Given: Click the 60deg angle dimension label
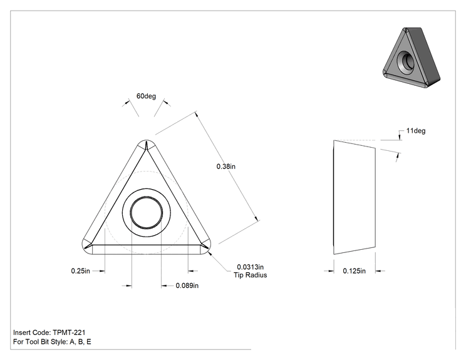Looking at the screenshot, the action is click(x=146, y=96).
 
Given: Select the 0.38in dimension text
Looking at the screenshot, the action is click(x=226, y=167).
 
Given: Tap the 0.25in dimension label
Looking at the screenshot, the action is click(x=80, y=271).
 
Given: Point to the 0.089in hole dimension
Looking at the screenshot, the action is click(x=187, y=285).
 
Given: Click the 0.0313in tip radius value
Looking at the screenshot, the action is click(x=251, y=267).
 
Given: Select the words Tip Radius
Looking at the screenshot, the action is click(x=251, y=275).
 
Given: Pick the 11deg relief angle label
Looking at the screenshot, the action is click(x=416, y=131).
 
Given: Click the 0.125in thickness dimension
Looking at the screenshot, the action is click(x=355, y=271).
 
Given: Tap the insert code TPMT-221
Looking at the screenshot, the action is click(x=69, y=332).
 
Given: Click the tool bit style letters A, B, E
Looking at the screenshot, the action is click(x=80, y=342).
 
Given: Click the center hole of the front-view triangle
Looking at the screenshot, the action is click(x=146, y=212).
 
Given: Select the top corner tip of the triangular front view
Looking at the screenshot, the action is click(x=146, y=140).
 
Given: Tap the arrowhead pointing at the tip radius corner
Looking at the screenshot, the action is click(x=210, y=254).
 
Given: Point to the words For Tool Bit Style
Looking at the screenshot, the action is click(x=41, y=342).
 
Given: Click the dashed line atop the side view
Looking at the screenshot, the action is click(x=357, y=140).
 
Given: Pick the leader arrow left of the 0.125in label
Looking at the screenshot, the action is click(x=329, y=271).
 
